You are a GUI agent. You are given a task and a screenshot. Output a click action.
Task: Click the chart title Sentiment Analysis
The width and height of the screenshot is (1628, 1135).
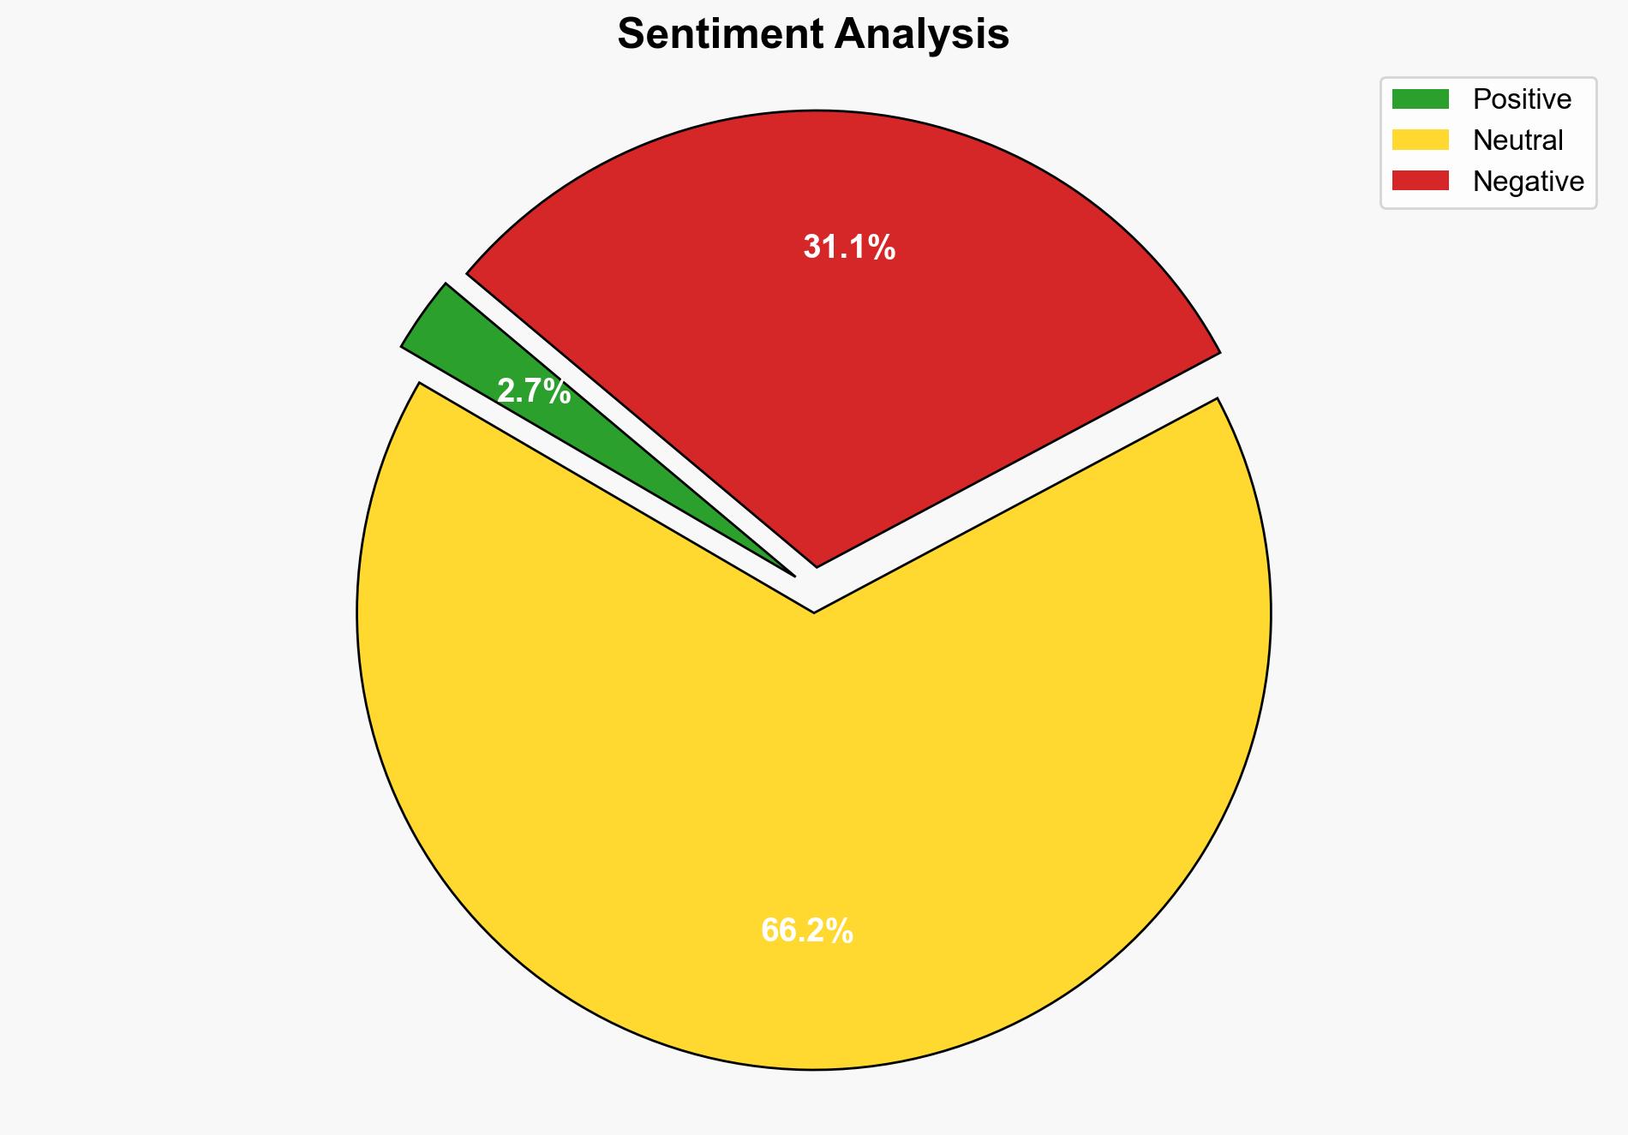813,35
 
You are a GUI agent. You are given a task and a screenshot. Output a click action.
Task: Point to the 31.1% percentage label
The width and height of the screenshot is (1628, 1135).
849,248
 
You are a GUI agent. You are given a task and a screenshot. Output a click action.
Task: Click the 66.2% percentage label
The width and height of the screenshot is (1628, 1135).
806,930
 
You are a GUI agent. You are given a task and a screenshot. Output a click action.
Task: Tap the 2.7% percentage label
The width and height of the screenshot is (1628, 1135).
534,391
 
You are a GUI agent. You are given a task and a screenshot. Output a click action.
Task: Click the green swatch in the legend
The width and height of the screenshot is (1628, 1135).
1420,99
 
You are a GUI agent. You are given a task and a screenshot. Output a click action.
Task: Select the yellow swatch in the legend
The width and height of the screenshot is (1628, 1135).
1420,140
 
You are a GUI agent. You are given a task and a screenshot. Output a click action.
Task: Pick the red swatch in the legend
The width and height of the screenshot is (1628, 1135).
1420,181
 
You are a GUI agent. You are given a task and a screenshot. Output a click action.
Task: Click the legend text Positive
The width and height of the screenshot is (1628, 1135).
1522,99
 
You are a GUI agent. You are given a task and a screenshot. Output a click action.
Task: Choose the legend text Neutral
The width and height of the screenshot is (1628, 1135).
1517,140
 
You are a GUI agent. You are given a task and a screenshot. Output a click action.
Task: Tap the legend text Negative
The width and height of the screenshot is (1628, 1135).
1528,181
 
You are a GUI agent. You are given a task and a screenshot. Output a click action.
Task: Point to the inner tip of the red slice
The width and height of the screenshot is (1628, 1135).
817,565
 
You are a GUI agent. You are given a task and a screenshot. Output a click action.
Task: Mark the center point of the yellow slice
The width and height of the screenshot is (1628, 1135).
814,613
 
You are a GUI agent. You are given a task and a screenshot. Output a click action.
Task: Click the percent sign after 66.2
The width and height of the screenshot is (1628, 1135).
841,930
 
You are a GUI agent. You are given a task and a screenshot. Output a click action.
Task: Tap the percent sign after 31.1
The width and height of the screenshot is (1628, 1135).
883,248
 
